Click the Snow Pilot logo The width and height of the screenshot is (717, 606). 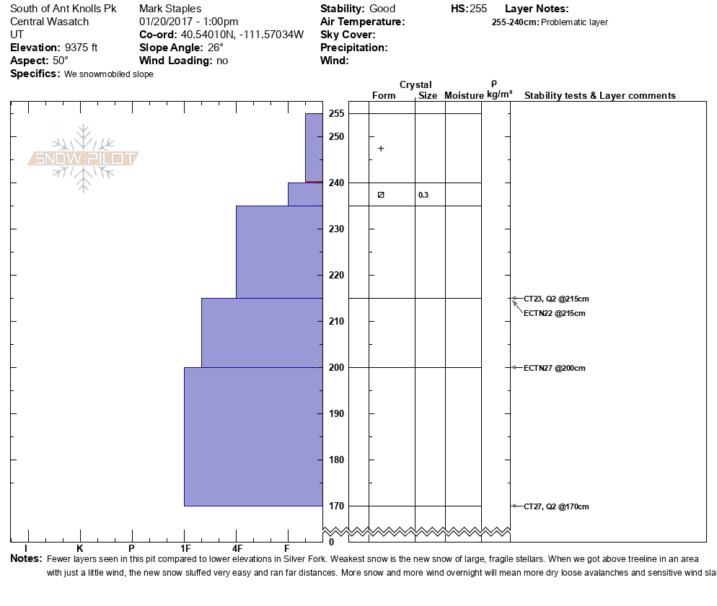coord(84,159)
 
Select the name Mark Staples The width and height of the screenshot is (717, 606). coord(170,9)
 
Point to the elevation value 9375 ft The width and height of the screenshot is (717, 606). coord(82,48)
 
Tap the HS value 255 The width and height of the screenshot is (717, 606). coord(478,9)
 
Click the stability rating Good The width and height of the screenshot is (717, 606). coord(382,9)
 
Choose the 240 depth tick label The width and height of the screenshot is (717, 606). coord(336,183)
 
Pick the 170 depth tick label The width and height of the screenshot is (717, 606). coord(336,506)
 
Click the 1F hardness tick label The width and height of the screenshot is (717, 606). coord(185,549)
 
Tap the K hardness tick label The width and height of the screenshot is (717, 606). coord(80,549)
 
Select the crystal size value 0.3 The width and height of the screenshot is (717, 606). coord(423,195)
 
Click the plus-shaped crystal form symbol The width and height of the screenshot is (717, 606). coord(381,149)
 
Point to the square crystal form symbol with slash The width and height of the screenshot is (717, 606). coord(381,195)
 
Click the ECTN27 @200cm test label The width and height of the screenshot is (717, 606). coord(554,368)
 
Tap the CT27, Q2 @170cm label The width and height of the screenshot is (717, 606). coord(556,506)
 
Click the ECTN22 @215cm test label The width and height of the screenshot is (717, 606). coord(554,313)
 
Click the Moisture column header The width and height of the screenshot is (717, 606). coord(464,96)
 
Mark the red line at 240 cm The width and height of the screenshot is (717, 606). coord(314,183)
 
